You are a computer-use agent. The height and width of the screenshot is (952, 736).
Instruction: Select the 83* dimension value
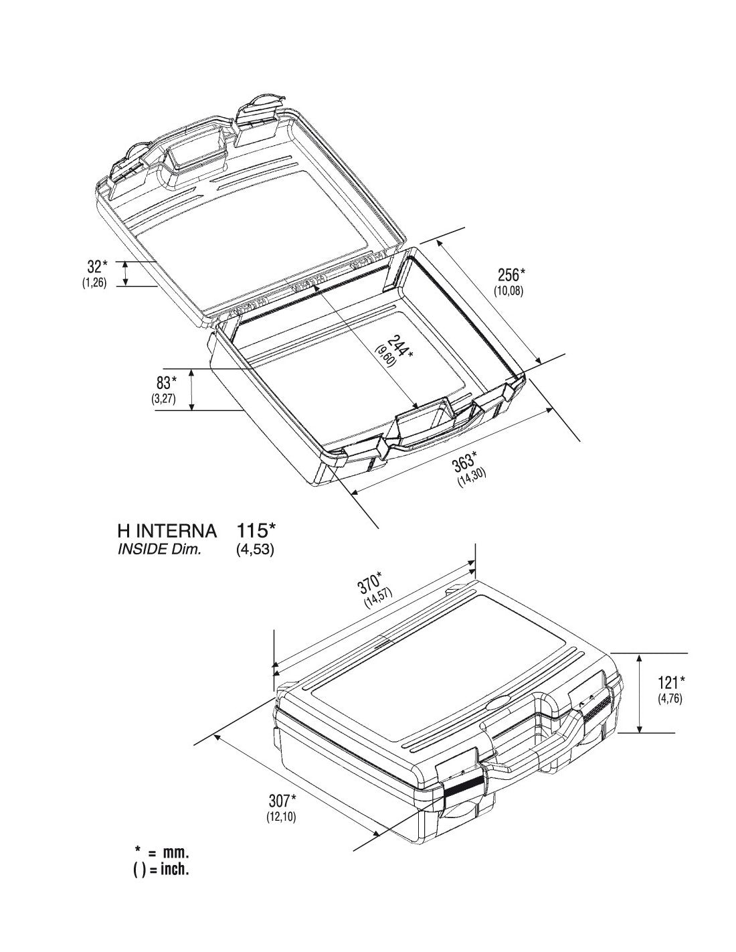pos(167,382)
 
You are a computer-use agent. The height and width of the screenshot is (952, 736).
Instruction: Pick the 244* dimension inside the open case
pos(400,347)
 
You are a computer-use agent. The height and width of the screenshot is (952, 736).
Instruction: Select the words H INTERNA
pos(167,531)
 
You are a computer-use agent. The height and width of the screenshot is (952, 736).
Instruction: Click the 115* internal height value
pos(256,530)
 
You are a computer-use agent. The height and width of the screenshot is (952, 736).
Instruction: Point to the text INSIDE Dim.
pos(159,550)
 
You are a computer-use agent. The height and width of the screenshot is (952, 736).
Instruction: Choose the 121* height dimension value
pos(672,682)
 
